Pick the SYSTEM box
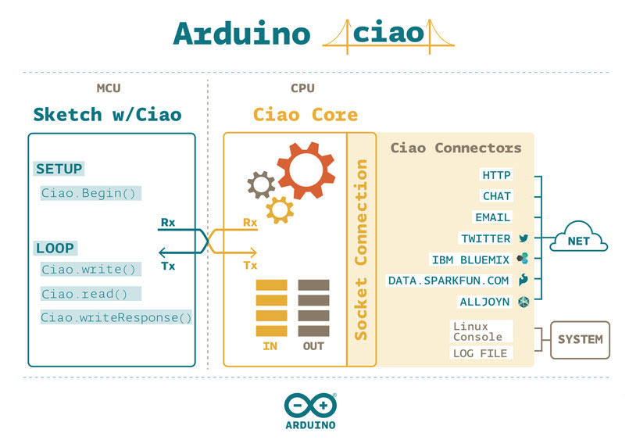(580, 340)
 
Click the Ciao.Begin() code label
(88, 193)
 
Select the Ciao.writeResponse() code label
(116, 317)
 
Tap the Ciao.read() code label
(84, 294)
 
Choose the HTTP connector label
(497, 175)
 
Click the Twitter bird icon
(524, 238)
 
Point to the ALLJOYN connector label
(484, 302)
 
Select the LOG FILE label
(481, 353)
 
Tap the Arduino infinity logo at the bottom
(310, 406)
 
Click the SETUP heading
(59, 169)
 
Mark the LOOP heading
(55, 249)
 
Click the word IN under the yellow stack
(270, 346)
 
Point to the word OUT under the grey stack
(313, 346)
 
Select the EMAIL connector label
(492, 217)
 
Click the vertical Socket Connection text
(361, 249)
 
